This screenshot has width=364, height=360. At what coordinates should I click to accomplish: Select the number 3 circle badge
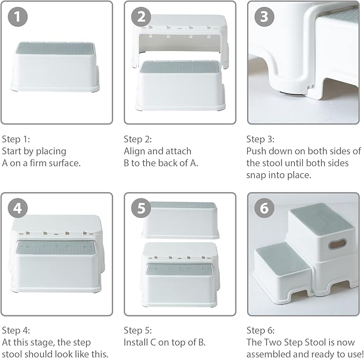pyautogui.click(x=264, y=18)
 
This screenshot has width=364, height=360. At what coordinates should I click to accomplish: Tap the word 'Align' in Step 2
pyautogui.click(x=135, y=151)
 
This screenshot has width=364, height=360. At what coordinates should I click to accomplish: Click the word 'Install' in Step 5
pyautogui.click(x=136, y=342)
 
